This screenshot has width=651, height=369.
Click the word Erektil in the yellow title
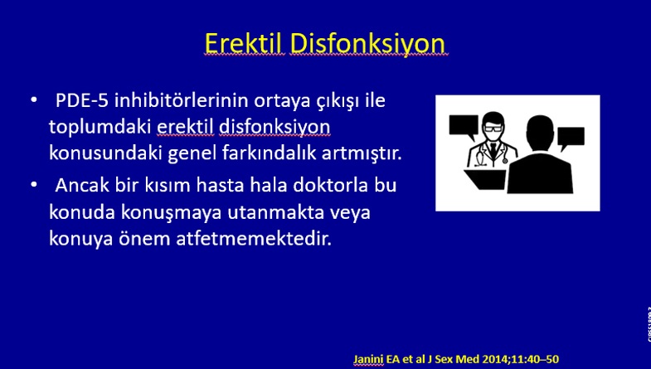(x=244, y=43)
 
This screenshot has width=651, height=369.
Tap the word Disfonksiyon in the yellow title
(x=368, y=44)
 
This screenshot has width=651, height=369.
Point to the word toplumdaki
(x=100, y=128)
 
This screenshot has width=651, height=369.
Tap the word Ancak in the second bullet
(x=82, y=185)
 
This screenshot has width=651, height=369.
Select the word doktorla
(x=331, y=185)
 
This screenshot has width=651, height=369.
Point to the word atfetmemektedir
(x=254, y=239)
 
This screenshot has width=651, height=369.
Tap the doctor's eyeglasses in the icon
(x=493, y=129)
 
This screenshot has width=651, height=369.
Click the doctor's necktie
(x=493, y=149)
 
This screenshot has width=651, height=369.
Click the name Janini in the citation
(x=368, y=359)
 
